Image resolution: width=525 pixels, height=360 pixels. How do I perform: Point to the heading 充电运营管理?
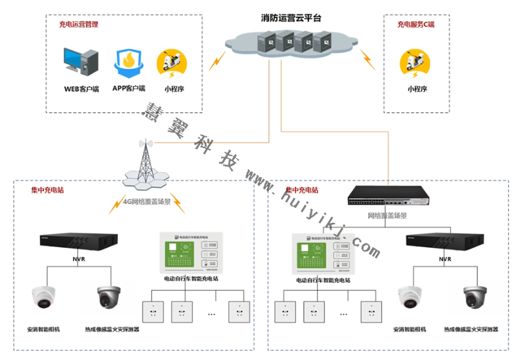pyautogui.click(x=79, y=24)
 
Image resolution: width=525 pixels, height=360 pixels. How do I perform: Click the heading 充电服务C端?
pyautogui.click(x=415, y=24)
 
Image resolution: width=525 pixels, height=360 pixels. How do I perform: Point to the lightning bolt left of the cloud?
pyautogui.click(x=214, y=62)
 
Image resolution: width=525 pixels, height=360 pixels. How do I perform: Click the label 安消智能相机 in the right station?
pyautogui.click(x=409, y=329)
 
